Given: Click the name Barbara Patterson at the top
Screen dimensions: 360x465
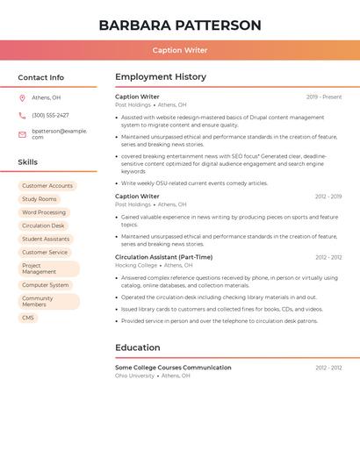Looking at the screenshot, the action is [180, 25].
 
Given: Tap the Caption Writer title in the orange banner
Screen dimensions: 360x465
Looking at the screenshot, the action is [180, 50].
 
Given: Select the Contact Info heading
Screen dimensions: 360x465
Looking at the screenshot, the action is [41, 77].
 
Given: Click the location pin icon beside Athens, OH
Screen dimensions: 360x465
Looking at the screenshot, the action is [22, 97].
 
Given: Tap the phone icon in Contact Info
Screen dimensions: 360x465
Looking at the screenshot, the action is [22, 115].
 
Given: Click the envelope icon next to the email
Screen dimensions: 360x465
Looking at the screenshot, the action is [22, 132].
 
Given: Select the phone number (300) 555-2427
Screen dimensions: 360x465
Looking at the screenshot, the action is [50, 115].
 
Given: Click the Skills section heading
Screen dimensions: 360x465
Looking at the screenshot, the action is [28, 162].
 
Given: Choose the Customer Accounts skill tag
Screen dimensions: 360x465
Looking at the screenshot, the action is [47, 186].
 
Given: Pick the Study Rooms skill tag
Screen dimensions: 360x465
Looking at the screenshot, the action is [40, 199].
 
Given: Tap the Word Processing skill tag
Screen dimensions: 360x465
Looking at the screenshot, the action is [44, 212].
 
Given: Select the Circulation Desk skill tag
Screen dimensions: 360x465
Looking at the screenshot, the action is [43, 225].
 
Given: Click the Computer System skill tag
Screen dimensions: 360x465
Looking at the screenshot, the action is [46, 285].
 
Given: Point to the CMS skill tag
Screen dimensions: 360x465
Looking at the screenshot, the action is [28, 318].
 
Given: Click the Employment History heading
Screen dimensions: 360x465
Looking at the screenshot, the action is [161, 77].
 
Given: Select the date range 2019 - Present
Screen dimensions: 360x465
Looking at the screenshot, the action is [324, 97].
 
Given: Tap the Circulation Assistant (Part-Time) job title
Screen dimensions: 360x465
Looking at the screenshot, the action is [163, 257].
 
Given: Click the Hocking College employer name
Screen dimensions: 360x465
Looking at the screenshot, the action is [136, 265].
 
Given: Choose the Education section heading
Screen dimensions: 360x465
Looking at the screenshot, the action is [138, 347].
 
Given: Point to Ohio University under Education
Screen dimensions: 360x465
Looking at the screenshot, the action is [134, 376].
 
